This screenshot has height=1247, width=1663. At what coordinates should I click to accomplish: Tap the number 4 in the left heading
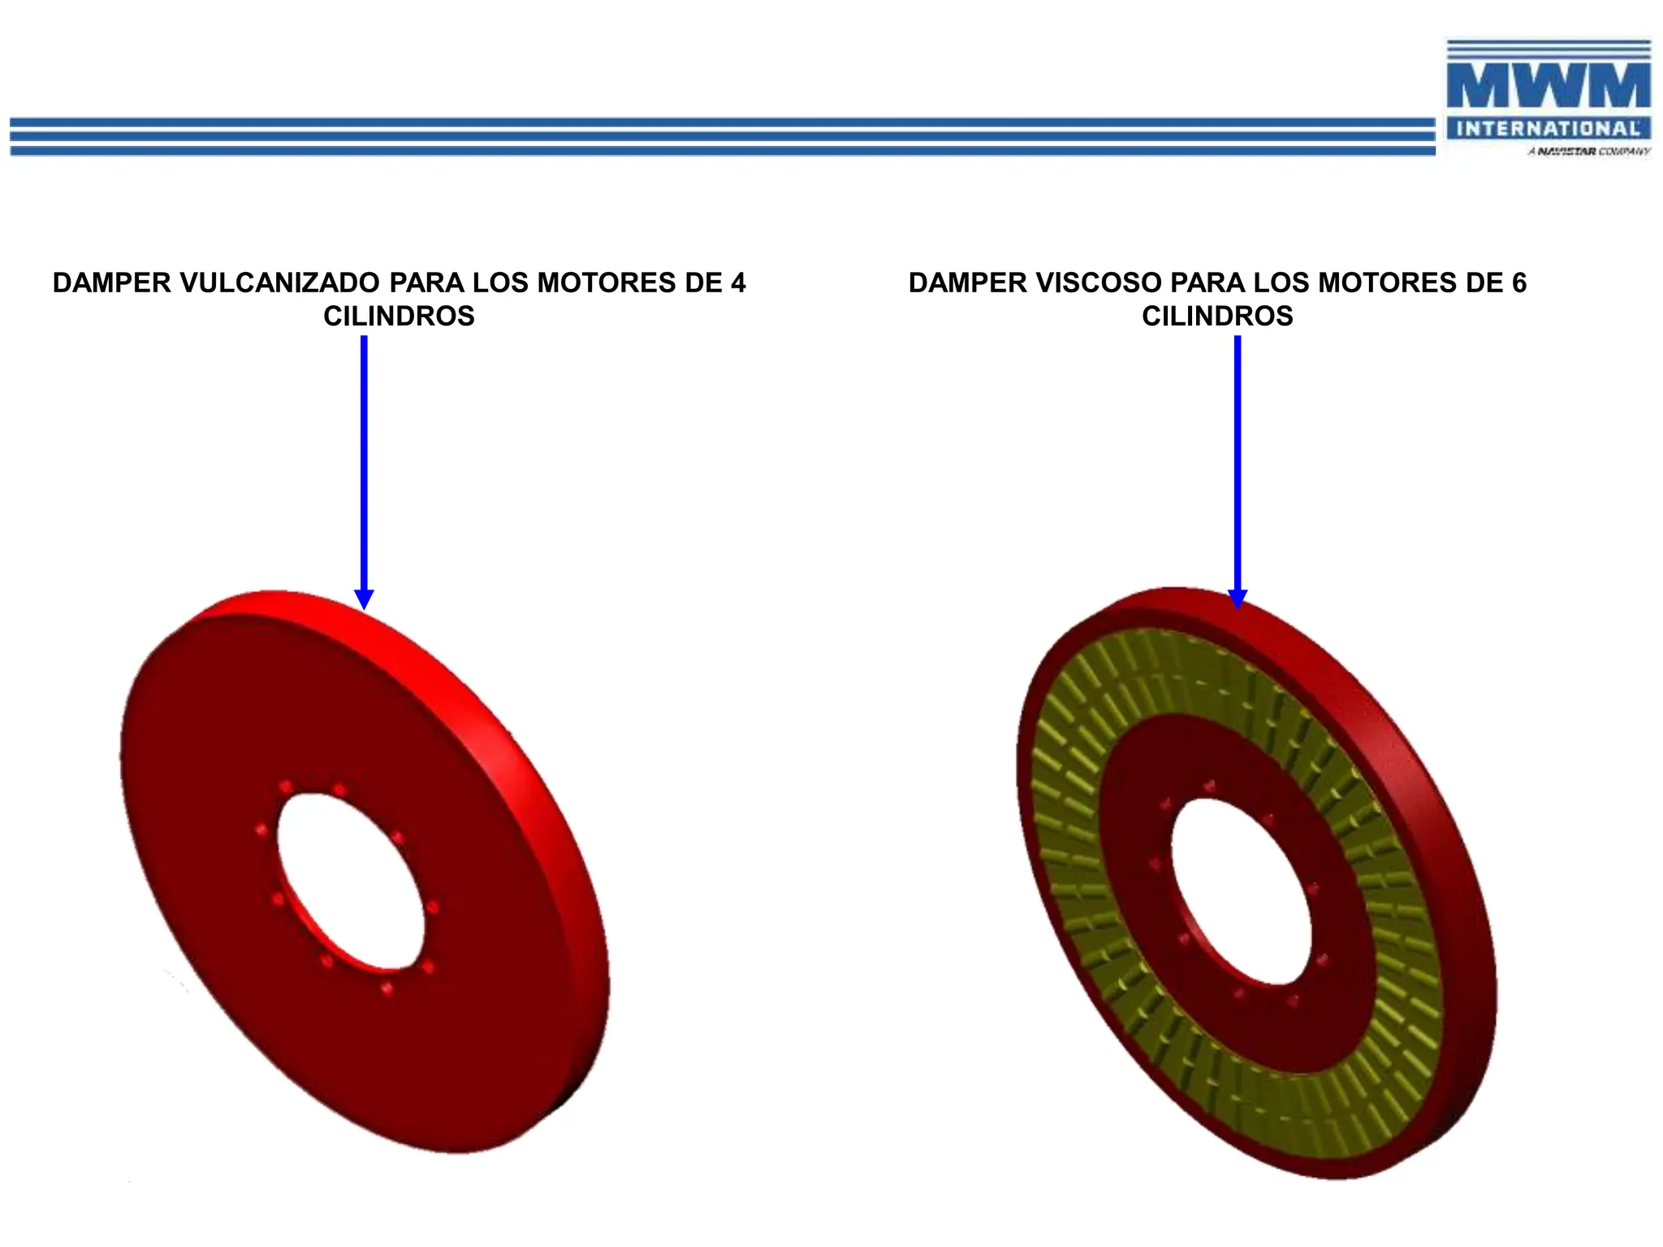[x=737, y=283]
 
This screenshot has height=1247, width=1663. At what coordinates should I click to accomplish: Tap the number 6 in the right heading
[x=1518, y=283]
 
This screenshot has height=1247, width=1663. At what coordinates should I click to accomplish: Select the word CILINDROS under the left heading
[x=399, y=316]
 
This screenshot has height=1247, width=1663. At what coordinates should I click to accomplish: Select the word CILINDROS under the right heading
[x=1217, y=316]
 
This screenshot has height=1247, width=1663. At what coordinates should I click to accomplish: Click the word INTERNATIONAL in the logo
[x=1549, y=128]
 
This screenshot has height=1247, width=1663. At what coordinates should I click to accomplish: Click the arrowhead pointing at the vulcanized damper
[x=365, y=598]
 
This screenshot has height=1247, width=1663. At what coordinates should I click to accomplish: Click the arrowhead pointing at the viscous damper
[x=1238, y=598]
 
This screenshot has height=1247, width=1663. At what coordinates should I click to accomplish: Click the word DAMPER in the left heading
[x=112, y=283]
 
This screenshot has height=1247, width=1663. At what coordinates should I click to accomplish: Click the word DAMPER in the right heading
[x=968, y=283]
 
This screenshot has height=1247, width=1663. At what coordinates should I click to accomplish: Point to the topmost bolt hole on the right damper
[x=1210, y=786]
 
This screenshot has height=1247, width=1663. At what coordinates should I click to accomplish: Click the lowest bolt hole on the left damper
[x=388, y=988]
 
